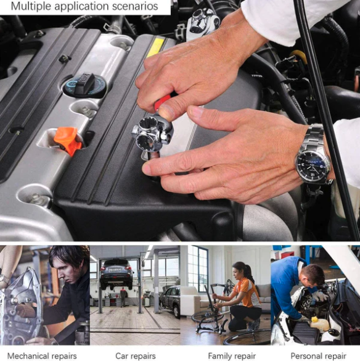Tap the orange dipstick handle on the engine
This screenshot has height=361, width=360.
click(x=68, y=140)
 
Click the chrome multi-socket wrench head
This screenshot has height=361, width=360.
click(x=152, y=133)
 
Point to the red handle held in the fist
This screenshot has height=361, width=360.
click(x=164, y=102)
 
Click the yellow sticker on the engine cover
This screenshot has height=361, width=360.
click(x=156, y=47)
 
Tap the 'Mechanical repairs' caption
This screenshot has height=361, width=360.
click(x=42, y=356)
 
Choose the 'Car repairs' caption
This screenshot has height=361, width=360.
click(x=136, y=355)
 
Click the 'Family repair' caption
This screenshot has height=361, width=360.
click(x=232, y=356)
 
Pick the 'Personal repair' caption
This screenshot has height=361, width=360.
click(x=319, y=356)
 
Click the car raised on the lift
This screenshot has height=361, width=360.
click(x=117, y=273)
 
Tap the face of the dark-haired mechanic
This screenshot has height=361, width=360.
click(x=66, y=272)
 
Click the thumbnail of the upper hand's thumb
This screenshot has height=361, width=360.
click(x=166, y=112)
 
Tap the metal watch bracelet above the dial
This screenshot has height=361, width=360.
click(x=314, y=136)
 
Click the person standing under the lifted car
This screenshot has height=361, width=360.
click(x=123, y=297)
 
